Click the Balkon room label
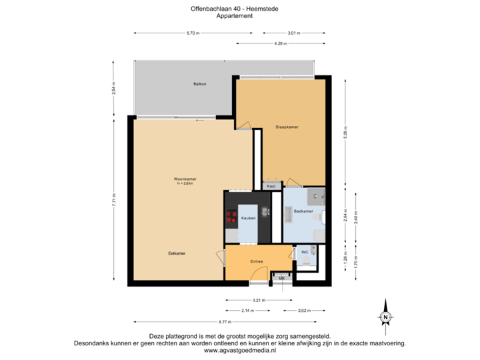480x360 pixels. tap(199, 84)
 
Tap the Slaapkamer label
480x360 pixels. tap(287, 127)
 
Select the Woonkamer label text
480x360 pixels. tap(185, 179)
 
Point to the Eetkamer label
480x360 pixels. tap(177, 253)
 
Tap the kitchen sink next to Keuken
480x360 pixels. tap(265, 213)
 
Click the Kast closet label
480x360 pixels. tap(271, 187)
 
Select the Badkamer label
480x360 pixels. tap(303, 211)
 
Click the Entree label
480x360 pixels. tap(257, 261)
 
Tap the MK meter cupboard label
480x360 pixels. tap(281, 277)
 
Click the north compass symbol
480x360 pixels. tap(385, 317)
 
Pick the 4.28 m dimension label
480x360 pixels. tap(280, 43)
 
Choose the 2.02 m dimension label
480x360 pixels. tap(303, 311)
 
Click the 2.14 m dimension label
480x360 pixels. tap(247, 311)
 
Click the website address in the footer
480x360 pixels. tap(239, 350)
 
